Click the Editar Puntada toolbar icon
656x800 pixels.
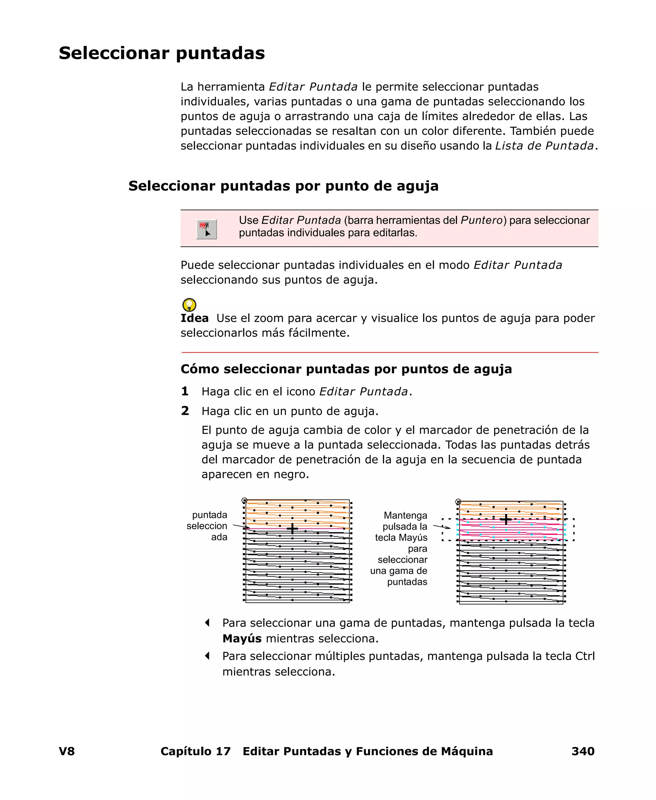pyautogui.click(x=206, y=229)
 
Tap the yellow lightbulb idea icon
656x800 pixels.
pyautogui.click(x=189, y=305)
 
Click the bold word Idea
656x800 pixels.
pyautogui.click(x=194, y=318)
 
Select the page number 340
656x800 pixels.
pyautogui.click(x=583, y=751)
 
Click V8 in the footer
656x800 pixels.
pyautogui.click(x=67, y=751)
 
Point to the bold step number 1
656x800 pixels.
pyautogui.click(x=185, y=391)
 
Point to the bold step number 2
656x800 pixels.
pyautogui.click(x=185, y=411)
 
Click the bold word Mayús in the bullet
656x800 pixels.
pyautogui.click(x=242, y=638)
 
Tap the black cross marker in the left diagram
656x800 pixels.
pyautogui.click(x=292, y=528)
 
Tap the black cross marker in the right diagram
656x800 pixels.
pyautogui.click(x=505, y=520)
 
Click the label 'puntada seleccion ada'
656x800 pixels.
pyautogui.click(x=207, y=526)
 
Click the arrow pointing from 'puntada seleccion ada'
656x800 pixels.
pyautogui.click(x=241, y=526)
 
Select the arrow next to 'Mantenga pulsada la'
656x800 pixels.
pyautogui.click(x=441, y=526)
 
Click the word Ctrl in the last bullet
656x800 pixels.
pyautogui.click(x=585, y=656)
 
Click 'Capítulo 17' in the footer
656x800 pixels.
pyautogui.click(x=195, y=751)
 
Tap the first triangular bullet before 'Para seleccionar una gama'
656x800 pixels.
pyautogui.click(x=207, y=623)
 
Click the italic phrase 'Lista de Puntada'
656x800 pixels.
pyautogui.click(x=544, y=146)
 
